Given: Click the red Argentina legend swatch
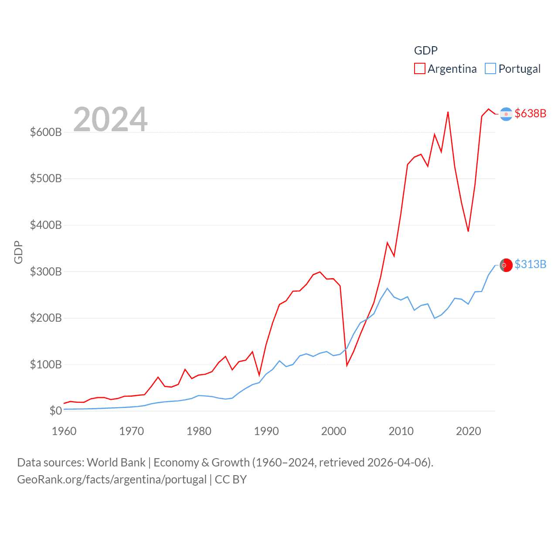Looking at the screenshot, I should pos(419,69).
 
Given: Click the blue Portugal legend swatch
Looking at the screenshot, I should pos(490,69).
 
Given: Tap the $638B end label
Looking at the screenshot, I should pos(530,113).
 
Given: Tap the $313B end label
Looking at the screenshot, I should pos(530,265).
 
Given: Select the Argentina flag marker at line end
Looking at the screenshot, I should pos(506,114).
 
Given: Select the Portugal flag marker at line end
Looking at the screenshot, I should pos(506,265).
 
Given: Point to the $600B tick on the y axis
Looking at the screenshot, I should pos(46,132).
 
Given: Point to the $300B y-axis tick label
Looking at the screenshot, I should pos(46,272).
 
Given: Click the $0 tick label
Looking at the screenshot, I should pos(56,411).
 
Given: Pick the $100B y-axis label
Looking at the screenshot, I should pos(46,364).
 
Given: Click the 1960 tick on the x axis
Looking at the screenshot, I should pos(64,431).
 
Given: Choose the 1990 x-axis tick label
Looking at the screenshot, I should pos(266,431).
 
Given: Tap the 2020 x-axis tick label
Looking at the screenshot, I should pos(469,431).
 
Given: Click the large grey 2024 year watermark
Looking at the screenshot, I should pos(110,119).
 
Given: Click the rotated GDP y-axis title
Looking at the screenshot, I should pos(18,252).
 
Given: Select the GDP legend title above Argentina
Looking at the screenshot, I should pos(425,51).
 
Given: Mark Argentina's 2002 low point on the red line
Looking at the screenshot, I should pos(347,365).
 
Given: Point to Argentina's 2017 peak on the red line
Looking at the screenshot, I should pos(448,112).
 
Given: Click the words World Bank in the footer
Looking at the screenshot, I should pos(116,463).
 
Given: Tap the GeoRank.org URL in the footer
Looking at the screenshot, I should pos(112,480).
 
